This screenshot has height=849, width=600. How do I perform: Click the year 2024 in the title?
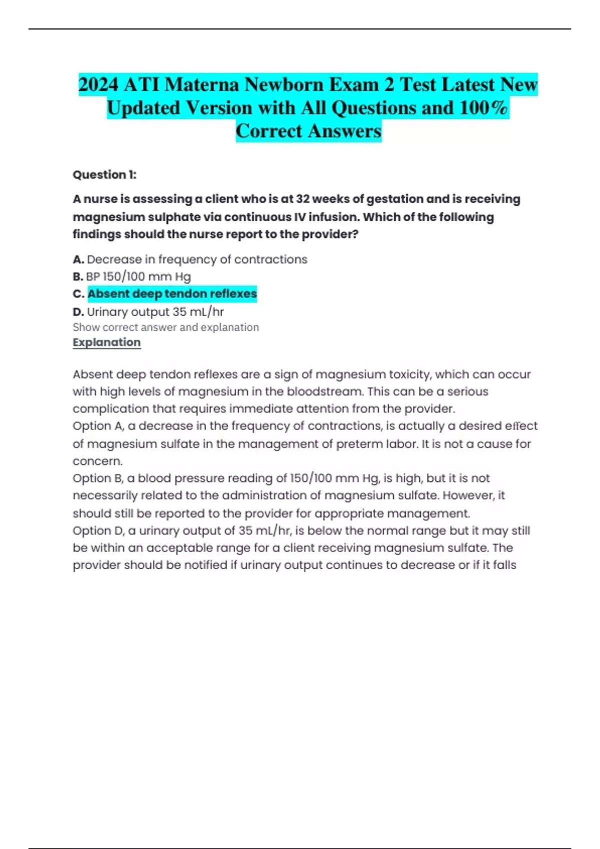[x=98, y=84]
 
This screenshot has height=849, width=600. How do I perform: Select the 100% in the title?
[x=483, y=108]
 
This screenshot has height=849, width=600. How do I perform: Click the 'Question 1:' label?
[x=104, y=175]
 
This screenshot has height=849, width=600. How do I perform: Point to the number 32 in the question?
[x=302, y=199]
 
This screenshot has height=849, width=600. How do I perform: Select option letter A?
[x=77, y=260]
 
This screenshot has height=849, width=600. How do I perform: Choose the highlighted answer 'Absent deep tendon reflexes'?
[x=172, y=294]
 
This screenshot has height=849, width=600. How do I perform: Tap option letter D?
[x=78, y=312]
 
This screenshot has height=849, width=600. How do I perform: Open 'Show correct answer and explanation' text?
[x=165, y=328]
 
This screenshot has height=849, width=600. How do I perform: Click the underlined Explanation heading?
[x=106, y=343]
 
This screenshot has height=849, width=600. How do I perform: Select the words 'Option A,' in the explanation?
[x=98, y=426]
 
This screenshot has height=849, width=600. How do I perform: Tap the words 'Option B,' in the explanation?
[x=98, y=478]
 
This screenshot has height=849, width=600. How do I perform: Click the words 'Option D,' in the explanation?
[x=98, y=531]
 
